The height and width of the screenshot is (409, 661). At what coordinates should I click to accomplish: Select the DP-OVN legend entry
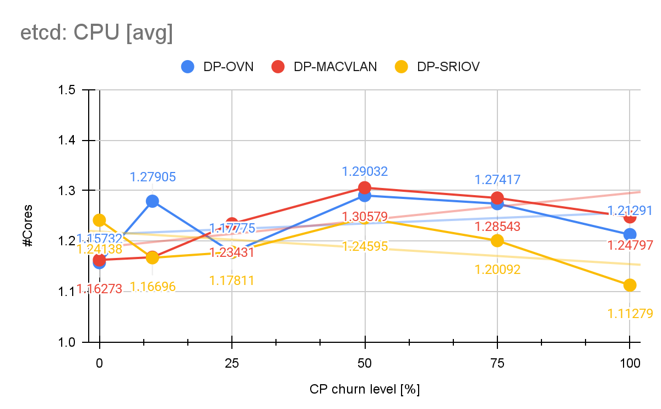[218, 67]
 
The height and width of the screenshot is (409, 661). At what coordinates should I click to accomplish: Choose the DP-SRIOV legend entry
[437, 67]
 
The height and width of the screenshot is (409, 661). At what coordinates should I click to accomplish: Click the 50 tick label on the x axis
[365, 363]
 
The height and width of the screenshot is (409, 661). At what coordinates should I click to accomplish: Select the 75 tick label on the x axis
[497, 363]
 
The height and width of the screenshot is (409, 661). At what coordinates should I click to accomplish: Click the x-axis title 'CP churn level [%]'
[365, 389]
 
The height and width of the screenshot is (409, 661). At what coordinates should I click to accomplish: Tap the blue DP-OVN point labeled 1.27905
[153, 201]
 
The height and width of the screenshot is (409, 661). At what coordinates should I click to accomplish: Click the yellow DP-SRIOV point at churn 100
[630, 285]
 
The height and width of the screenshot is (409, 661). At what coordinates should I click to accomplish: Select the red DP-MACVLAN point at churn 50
[365, 187]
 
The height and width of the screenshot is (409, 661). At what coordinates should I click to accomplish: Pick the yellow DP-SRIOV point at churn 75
[497, 240]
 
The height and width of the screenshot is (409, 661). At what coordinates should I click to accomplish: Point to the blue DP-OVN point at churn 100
[630, 234]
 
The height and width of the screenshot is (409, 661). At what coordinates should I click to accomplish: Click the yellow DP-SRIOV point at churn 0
[99, 220]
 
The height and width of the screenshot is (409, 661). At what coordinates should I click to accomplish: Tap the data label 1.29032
[365, 171]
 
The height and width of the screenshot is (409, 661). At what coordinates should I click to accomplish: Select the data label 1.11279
[630, 314]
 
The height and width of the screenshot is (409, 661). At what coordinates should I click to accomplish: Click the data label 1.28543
[497, 227]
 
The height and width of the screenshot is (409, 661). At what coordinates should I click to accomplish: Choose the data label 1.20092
[497, 270]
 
